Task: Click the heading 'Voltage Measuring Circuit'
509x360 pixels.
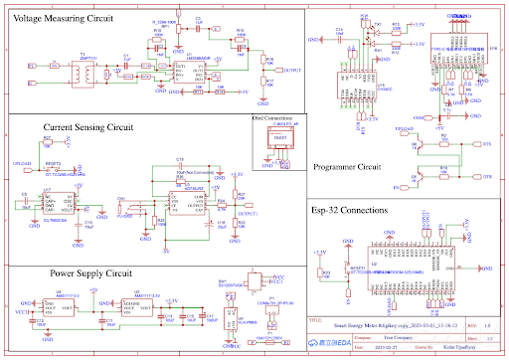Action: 62,18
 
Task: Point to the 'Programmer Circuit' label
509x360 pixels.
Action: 347,166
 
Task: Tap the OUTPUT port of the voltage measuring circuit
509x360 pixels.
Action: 291,71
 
